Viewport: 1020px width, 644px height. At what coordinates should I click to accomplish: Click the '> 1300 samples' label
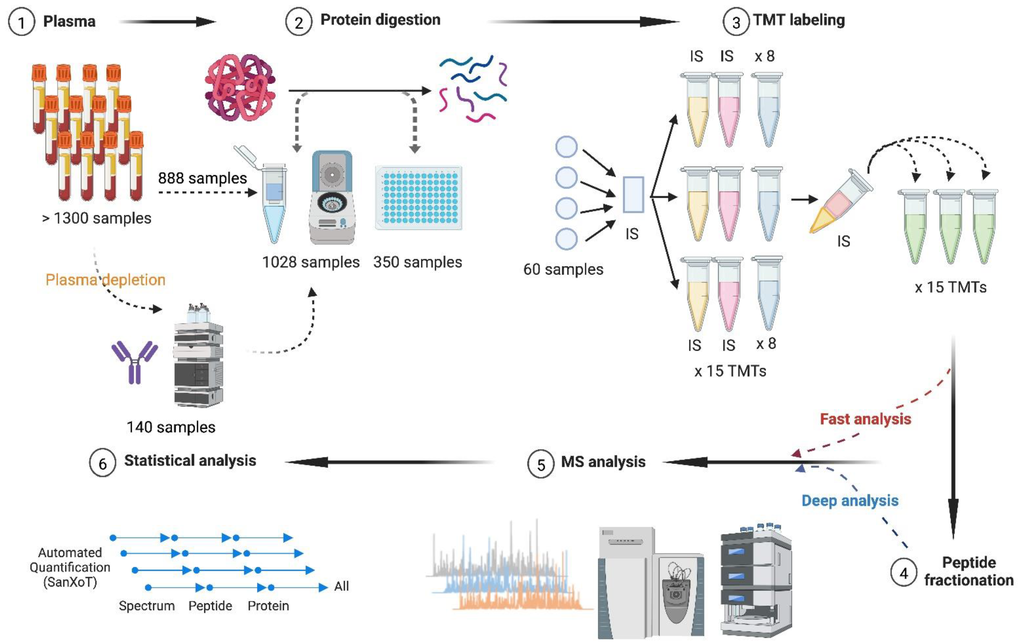pos(97,218)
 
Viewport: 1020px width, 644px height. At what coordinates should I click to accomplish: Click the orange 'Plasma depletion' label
pos(106,280)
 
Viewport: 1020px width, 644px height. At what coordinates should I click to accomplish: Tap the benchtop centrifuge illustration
pos(332,197)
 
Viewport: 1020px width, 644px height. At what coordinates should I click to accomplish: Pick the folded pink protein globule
pos(240,87)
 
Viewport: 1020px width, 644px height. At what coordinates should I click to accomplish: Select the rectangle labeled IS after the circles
pos(633,195)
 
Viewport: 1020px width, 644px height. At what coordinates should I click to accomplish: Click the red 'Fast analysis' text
pos(865,419)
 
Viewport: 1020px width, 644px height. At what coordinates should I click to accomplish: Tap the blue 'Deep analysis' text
pos(850,501)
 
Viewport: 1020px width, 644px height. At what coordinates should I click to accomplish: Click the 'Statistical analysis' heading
pos(190,460)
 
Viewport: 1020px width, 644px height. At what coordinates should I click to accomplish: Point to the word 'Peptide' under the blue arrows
pos(210,606)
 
